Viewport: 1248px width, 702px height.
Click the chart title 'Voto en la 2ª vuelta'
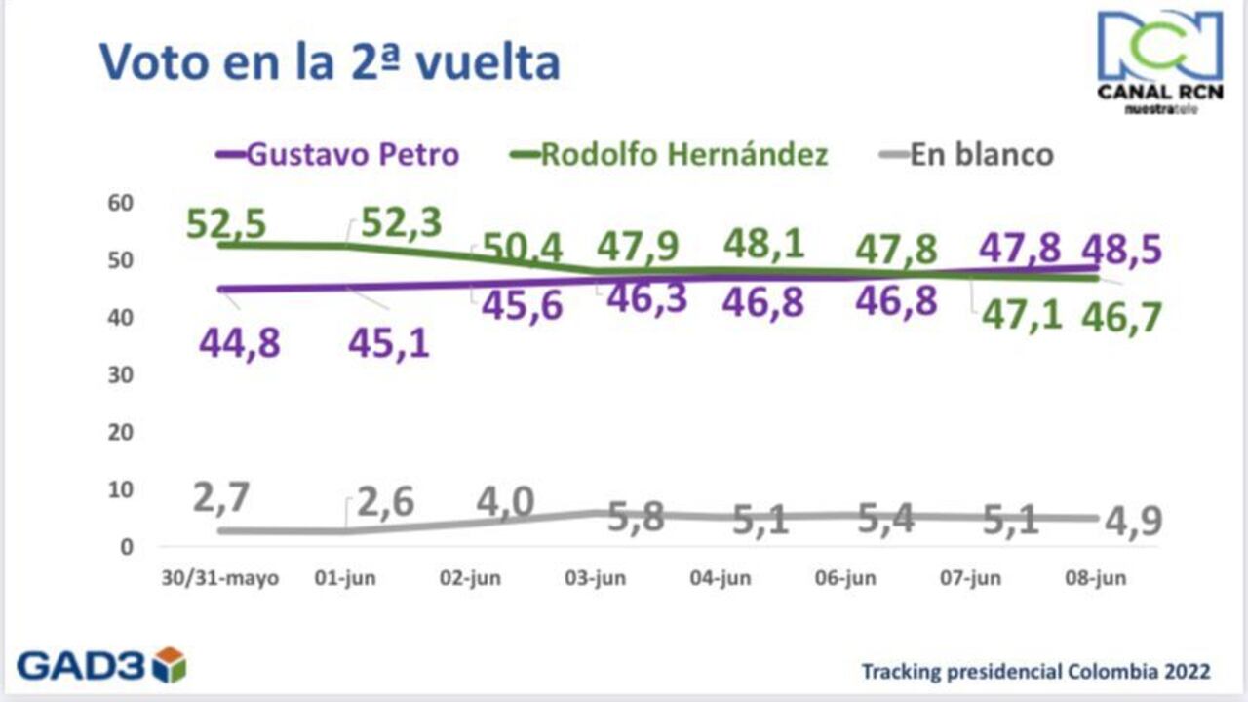pos(330,62)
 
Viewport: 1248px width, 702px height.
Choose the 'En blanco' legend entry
pos(981,154)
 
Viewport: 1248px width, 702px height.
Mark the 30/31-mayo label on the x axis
pos(219,578)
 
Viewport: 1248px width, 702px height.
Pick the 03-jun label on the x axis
pos(595,578)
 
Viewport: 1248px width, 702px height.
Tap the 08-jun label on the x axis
pos(1095,578)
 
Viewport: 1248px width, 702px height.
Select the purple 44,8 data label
pos(239,343)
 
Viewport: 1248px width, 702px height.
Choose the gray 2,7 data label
pos(220,498)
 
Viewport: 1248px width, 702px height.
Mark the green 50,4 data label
pos(523,249)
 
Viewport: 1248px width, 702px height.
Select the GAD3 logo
pos(101,665)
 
